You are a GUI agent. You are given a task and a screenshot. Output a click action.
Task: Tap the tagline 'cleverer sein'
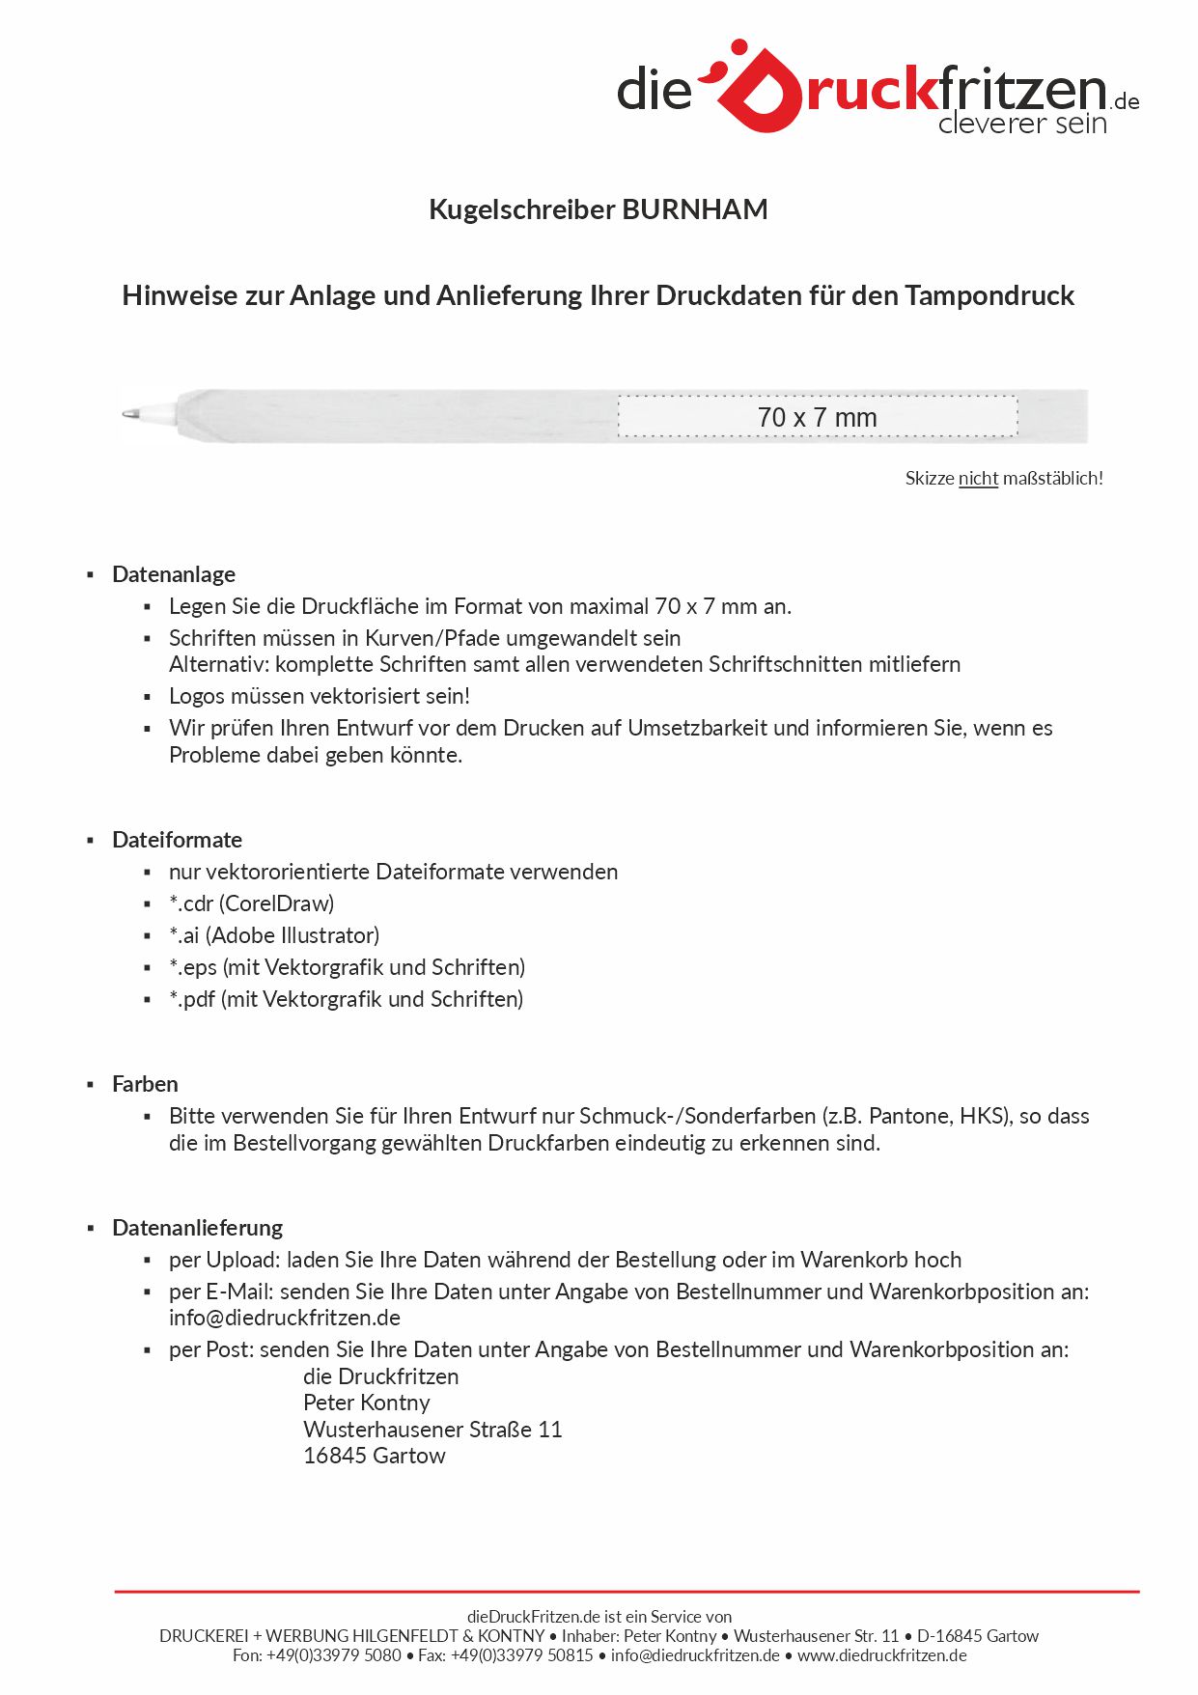pyautogui.click(x=1021, y=124)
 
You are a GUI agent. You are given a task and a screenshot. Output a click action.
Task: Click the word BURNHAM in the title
pyautogui.click(x=695, y=209)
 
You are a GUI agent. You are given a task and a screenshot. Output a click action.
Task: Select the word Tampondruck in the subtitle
pyautogui.click(x=989, y=295)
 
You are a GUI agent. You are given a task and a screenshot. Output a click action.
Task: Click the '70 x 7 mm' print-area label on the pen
pyautogui.click(x=817, y=418)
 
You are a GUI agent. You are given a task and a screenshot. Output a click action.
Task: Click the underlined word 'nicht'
pyautogui.click(x=978, y=478)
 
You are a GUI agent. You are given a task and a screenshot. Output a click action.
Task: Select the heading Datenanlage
pyautogui.click(x=174, y=574)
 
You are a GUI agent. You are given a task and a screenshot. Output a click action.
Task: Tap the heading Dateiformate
pyautogui.click(x=177, y=840)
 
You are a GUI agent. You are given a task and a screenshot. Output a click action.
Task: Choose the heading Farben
pyautogui.click(x=145, y=1084)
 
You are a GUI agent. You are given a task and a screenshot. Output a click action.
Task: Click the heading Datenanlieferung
pyautogui.click(x=197, y=1228)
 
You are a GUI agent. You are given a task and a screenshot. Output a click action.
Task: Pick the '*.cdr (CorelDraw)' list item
pyautogui.click(x=251, y=903)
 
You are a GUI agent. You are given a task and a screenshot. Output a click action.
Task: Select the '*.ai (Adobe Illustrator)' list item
pyautogui.click(x=274, y=935)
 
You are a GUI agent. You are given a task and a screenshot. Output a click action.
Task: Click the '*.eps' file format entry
pyautogui.click(x=347, y=967)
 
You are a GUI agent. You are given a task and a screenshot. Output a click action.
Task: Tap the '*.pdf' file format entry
pyautogui.click(x=346, y=999)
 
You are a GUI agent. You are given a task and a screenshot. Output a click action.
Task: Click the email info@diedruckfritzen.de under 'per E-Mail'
pyautogui.click(x=285, y=1318)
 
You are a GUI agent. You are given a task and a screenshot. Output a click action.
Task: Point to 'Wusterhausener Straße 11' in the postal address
pyautogui.click(x=432, y=1430)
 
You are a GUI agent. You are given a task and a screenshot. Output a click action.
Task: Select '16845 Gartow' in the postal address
pyautogui.click(x=375, y=1456)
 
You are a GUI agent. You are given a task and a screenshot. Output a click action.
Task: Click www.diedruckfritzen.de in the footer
pyautogui.click(x=881, y=1655)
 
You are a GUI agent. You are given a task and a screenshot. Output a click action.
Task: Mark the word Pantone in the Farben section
pyautogui.click(x=909, y=1116)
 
